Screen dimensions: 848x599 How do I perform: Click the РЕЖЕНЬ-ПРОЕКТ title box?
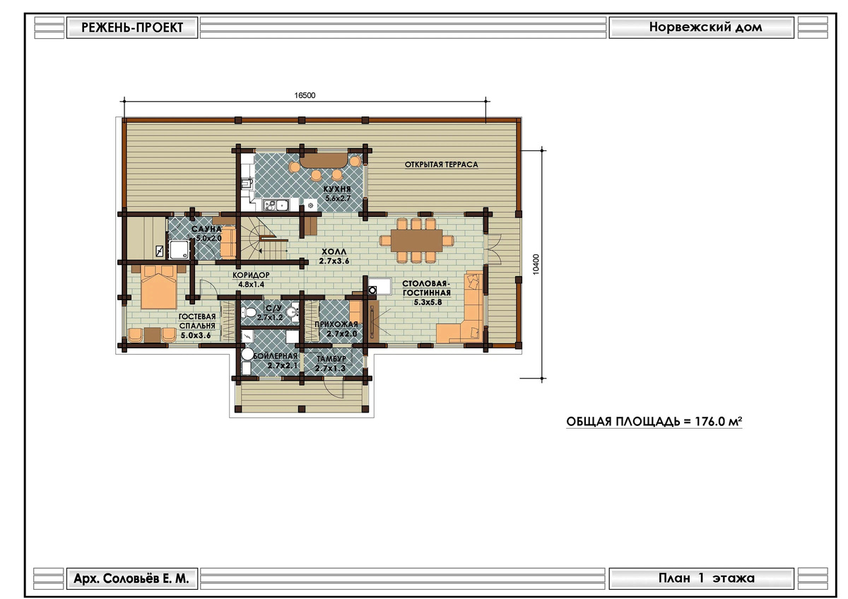(x=132, y=28)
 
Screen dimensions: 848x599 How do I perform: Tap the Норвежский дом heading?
(x=706, y=28)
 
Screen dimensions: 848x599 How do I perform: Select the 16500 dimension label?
(x=305, y=95)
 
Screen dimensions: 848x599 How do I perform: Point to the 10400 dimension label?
(x=536, y=264)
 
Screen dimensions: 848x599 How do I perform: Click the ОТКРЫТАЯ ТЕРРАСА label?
(x=441, y=165)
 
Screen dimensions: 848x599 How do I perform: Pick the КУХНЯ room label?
(x=337, y=189)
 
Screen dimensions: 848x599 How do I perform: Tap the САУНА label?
(x=206, y=229)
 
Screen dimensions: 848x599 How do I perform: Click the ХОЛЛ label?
(x=334, y=251)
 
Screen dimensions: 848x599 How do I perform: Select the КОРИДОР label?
(x=251, y=275)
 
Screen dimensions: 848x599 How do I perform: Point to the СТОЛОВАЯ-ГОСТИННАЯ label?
(x=426, y=288)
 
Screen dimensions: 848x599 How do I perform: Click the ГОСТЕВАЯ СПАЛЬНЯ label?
(x=197, y=321)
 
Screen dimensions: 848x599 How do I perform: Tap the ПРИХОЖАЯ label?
(x=336, y=324)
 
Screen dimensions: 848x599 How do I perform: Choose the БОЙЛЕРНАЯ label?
(x=275, y=356)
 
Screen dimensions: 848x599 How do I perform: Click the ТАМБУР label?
(x=331, y=359)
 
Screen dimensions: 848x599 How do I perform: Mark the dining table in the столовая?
(x=416, y=241)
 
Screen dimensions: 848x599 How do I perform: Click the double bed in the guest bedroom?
(x=159, y=287)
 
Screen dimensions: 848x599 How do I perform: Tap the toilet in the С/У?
(x=249, y=313)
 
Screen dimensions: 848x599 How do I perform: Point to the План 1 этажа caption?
(x=707, y=579)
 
